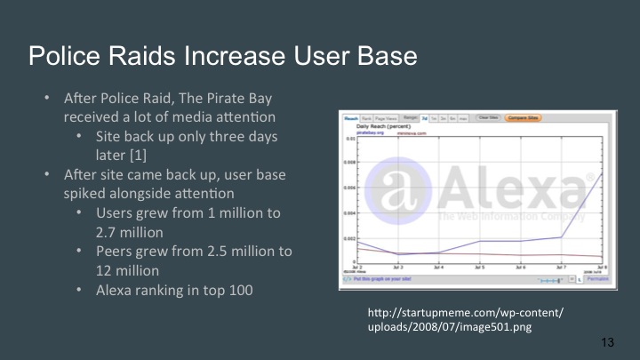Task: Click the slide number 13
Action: [x=609, y=342]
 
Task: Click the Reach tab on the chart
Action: [x=351, y=117]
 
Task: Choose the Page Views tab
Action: [x=385, y=117]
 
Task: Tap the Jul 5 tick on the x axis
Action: [x=478, y=268]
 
